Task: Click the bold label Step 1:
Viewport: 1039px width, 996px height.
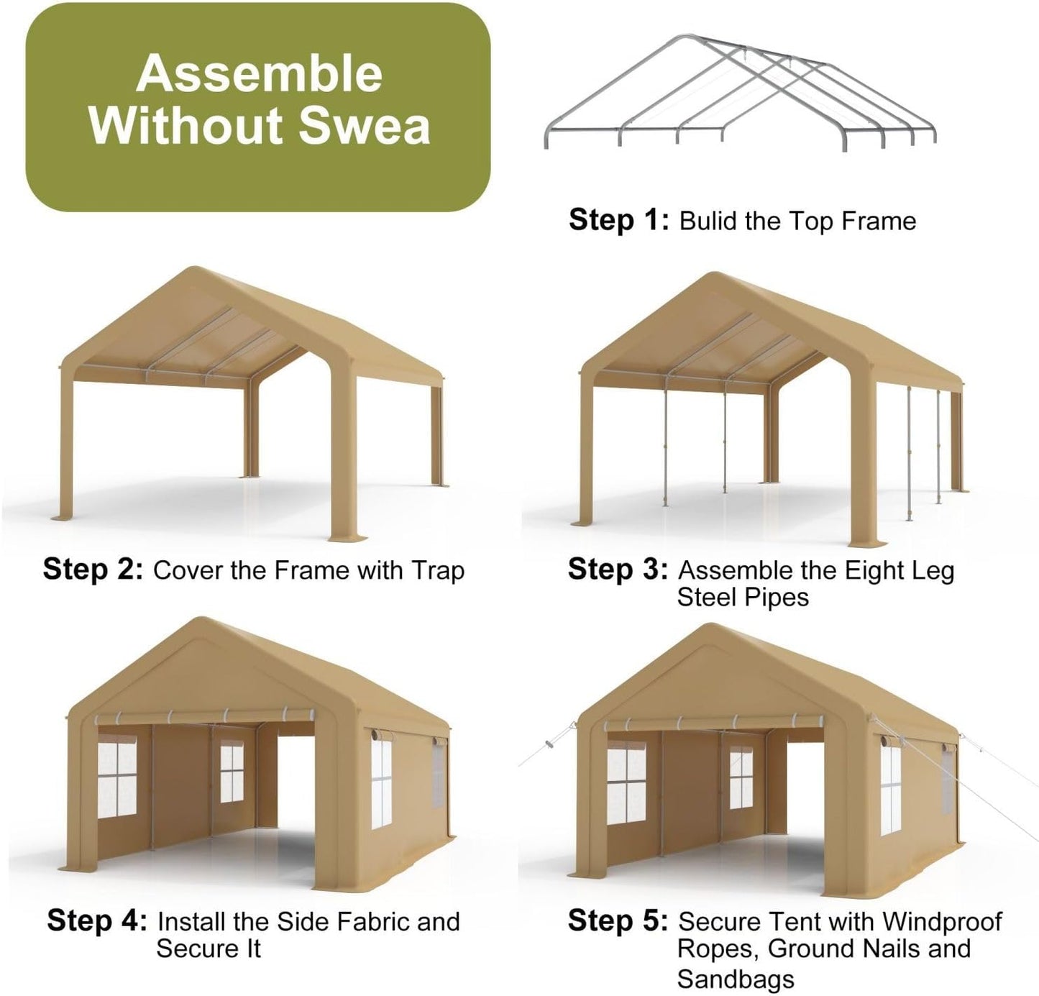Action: [x=618, y=220]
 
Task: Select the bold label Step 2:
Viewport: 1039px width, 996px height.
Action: [x=93, y=570]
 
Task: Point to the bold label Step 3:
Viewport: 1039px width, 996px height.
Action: [x=618, y=570]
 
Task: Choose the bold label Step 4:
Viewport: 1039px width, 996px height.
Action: [x=97, y=920]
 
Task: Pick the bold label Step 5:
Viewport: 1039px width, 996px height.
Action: [x=618, y=920]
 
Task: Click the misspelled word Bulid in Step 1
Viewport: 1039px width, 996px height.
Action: [x=708, y=221]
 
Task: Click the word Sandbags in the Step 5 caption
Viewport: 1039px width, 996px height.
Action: [x=736, y=979]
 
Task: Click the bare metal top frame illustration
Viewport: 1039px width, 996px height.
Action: [x=741, y=93]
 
